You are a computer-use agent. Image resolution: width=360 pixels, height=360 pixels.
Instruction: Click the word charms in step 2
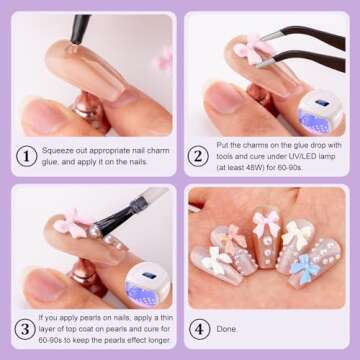click(x=262, y=145)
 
